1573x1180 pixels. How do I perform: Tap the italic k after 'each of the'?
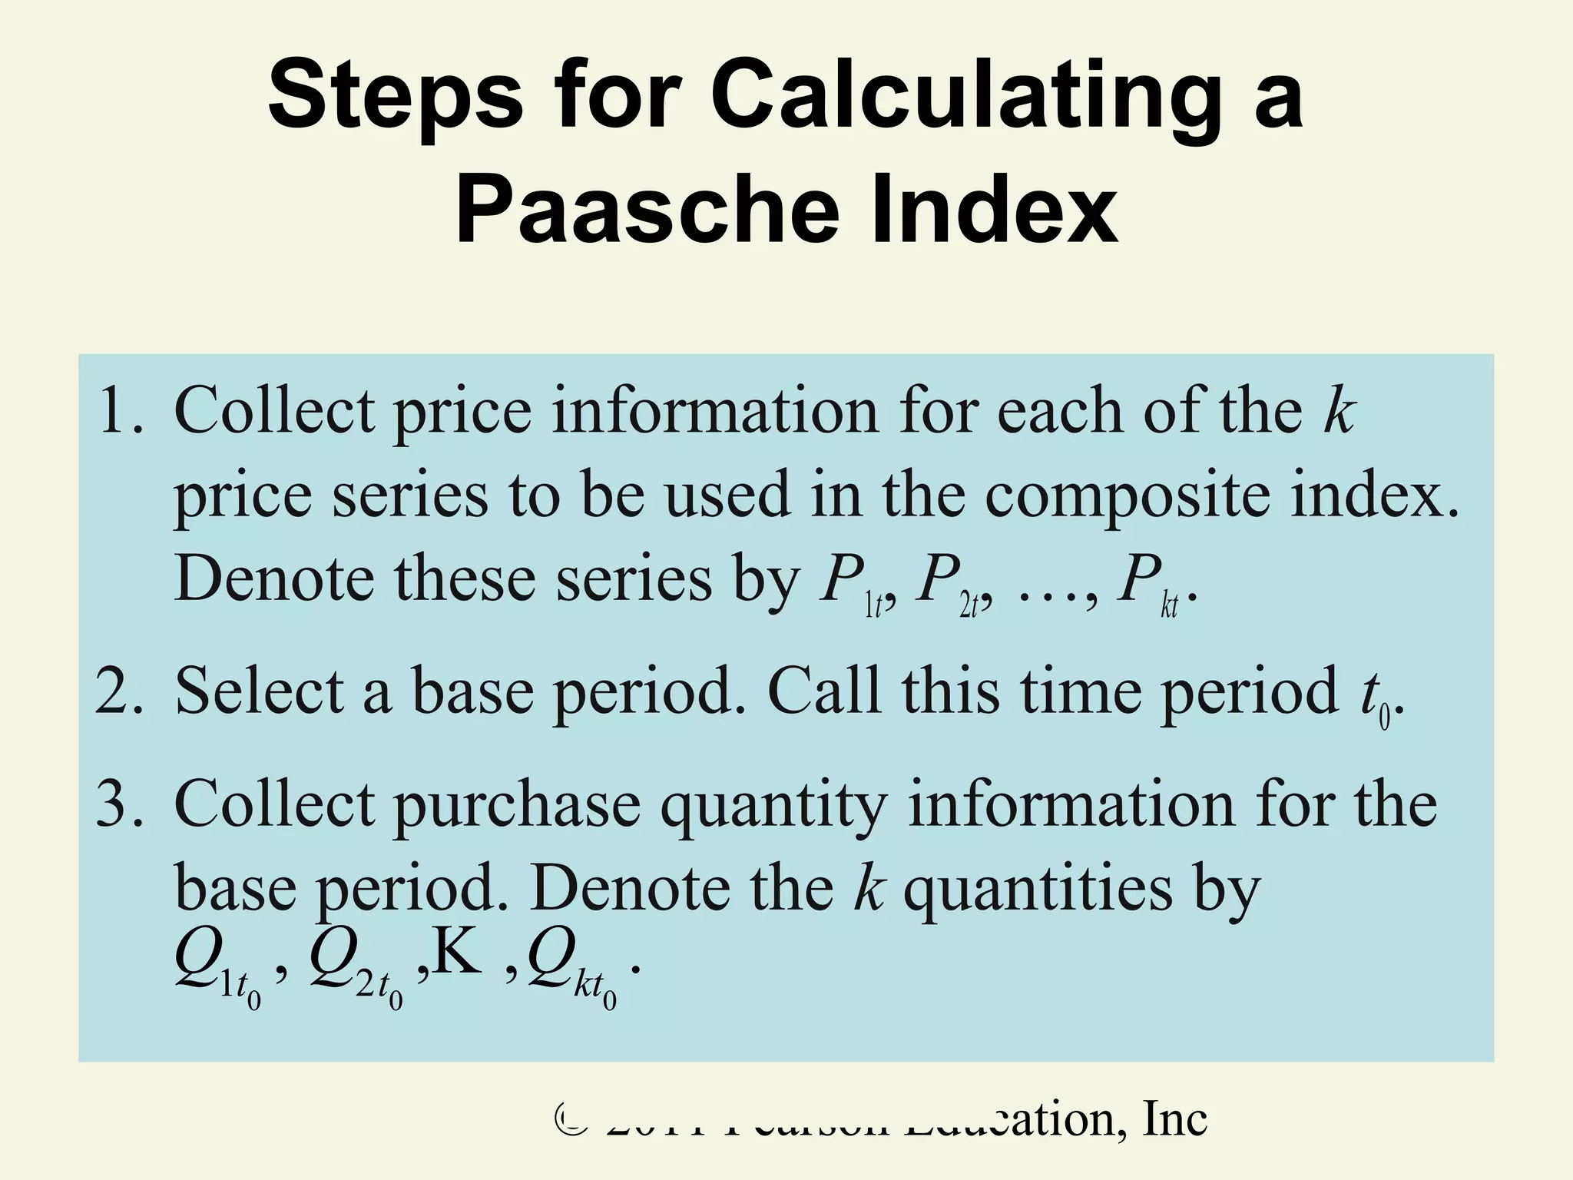click(1339, 412)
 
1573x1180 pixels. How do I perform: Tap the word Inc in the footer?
click(1174, 1119)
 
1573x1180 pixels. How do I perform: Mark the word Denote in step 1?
click(273, 579)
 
